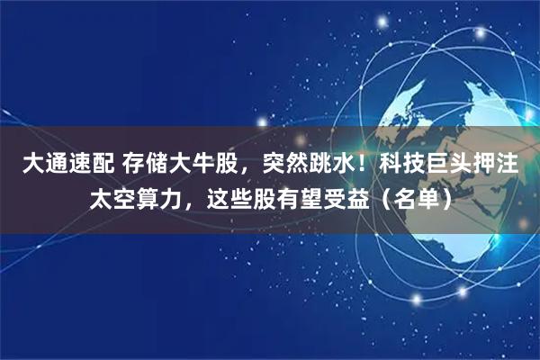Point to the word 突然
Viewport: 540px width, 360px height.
point(289,164)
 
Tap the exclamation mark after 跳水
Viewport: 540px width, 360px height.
point(368,164)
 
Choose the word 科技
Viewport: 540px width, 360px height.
point(401,164)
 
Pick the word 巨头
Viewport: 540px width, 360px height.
point(450,164)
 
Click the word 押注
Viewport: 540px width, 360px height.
point(499,164)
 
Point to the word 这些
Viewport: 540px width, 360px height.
point(230,197)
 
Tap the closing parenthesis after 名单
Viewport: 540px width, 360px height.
point(445,197)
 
